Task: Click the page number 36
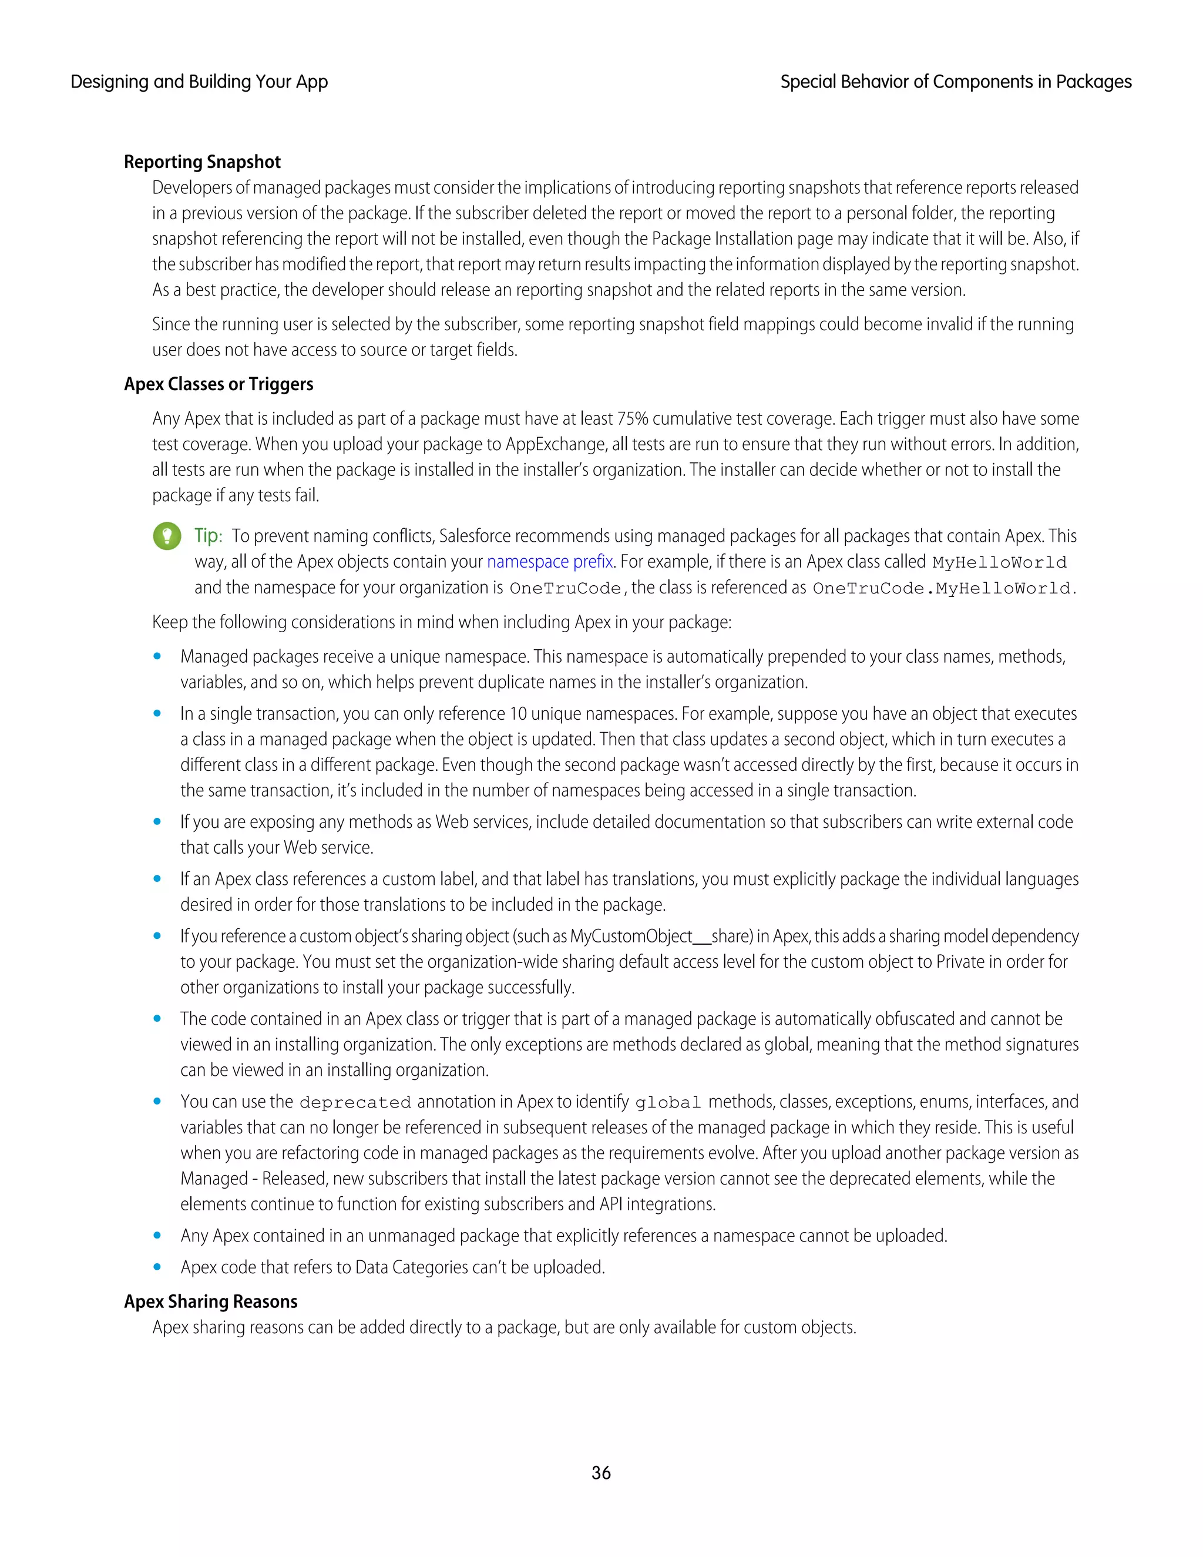click(601, 1472)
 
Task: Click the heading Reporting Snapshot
click(203, 162)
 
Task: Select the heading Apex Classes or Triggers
click(218, 384)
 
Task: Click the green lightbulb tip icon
click(167, 536)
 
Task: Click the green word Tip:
click(208, 536)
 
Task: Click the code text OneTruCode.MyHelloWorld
click(943, 588)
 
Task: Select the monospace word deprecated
click(355, 1102)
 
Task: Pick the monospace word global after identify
click(668, 1102)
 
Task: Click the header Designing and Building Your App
click(199, 82)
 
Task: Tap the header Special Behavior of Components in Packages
click(955, 82)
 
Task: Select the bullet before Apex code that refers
click(157, 1267)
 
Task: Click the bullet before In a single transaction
click(157, 714)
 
